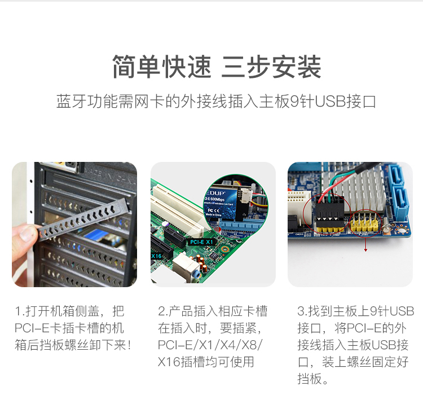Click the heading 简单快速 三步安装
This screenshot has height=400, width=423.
pos(217,67)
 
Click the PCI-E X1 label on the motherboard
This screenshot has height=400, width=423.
pos(201,242)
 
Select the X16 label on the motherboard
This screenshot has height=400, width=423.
pos(156,256)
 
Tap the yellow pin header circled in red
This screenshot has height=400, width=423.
pos(365,223)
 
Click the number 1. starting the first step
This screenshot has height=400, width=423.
pos(19,311)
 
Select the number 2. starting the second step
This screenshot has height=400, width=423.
pos(162,311)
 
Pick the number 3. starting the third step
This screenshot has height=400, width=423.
pos(302,311)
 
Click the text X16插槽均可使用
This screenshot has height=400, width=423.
pos(206,362)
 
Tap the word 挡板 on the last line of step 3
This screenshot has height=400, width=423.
pos(310,379)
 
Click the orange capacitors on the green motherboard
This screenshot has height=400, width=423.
pos(202,262)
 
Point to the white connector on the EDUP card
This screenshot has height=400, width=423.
pos(245,196)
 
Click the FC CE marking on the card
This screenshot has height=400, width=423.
pos(213,210)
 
